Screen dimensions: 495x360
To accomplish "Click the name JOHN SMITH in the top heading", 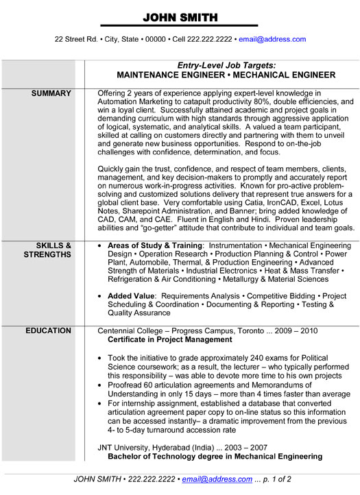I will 180,17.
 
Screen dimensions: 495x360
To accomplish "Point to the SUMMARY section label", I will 51,93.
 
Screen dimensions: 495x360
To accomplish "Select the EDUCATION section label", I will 48,330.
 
